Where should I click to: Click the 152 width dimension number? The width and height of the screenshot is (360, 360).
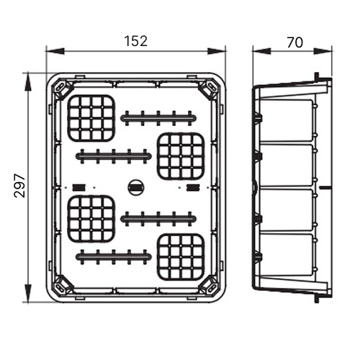click(x=135, y=41)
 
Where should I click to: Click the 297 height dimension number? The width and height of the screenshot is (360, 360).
click(x=19, y=186)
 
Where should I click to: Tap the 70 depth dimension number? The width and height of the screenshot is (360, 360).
click(x=295, y=42)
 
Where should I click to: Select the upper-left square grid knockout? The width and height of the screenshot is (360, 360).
click(x=91, y=118)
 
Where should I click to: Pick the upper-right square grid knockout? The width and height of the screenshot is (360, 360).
click(x=181, y=156)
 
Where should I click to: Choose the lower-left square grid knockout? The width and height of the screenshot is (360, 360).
click(x=91, y=218)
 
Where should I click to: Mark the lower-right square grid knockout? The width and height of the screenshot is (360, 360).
click(x=181, y=257)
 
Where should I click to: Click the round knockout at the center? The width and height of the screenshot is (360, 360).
click(x=136, y=187)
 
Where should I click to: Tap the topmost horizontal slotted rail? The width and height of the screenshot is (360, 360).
click(x=158, y=118)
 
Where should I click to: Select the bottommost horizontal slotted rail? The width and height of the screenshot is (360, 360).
click(x=114, y=257)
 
